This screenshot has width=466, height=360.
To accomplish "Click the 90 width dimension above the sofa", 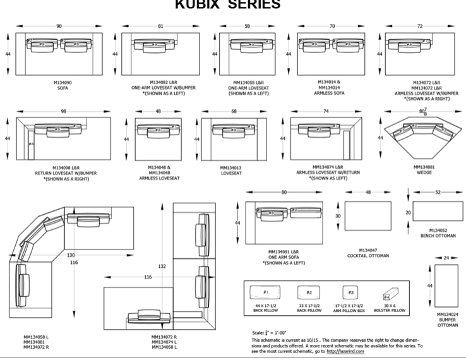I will pyautogui.click(x=59, y=26).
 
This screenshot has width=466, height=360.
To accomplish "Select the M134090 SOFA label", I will pyautogui.click(x=63, y=85).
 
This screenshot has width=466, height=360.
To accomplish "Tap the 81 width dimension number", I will pyautogui.click(x=160, y=26).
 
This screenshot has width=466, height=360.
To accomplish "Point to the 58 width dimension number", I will pyautogui.click(x=247, y=26).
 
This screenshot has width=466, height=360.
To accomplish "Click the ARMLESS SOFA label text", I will pyautogui.click(x=329, y=93).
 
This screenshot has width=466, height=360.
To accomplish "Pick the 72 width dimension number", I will pyautogui.click(x=419, y=26).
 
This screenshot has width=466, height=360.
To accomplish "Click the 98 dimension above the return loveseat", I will pyautogui.click(x=63, y=111).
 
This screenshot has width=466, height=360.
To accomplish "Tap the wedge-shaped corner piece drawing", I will pyautogui.click(x=424, y=135).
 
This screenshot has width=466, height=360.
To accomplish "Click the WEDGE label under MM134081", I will pyautogui.click(x=424, y=172).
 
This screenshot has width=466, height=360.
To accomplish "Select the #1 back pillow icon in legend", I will pyautogui.click(x=266, y=294).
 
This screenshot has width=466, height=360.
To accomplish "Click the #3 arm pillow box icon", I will pyautogui.click(x=350, y=293).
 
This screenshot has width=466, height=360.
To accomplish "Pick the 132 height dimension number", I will pyautogui.click(x=162, y=267).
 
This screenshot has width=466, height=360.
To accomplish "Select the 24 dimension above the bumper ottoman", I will pyautogui.click(x=446, y=258).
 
